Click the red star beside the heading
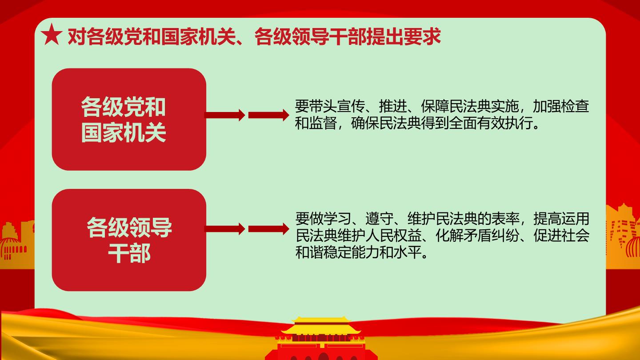(x=52, y=35)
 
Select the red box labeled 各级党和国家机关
(x=129, y=119)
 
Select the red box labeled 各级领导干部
(x=129, y=240)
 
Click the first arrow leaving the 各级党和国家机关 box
(x=225, y=115)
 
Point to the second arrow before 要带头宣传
(x=268, y=115)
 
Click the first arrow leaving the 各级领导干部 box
(x=225, y=229)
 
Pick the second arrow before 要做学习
(x=268, y=229)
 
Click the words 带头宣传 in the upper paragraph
(x=337, y=106)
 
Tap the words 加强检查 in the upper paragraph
(x=561, y=106)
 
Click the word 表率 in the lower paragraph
(x=505, y=219)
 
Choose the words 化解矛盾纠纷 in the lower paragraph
(x=477, y=236)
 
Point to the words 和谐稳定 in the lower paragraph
(x=323, y=252)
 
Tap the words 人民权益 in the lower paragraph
(x=393, y=236)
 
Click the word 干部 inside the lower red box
(x=129, y=253)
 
